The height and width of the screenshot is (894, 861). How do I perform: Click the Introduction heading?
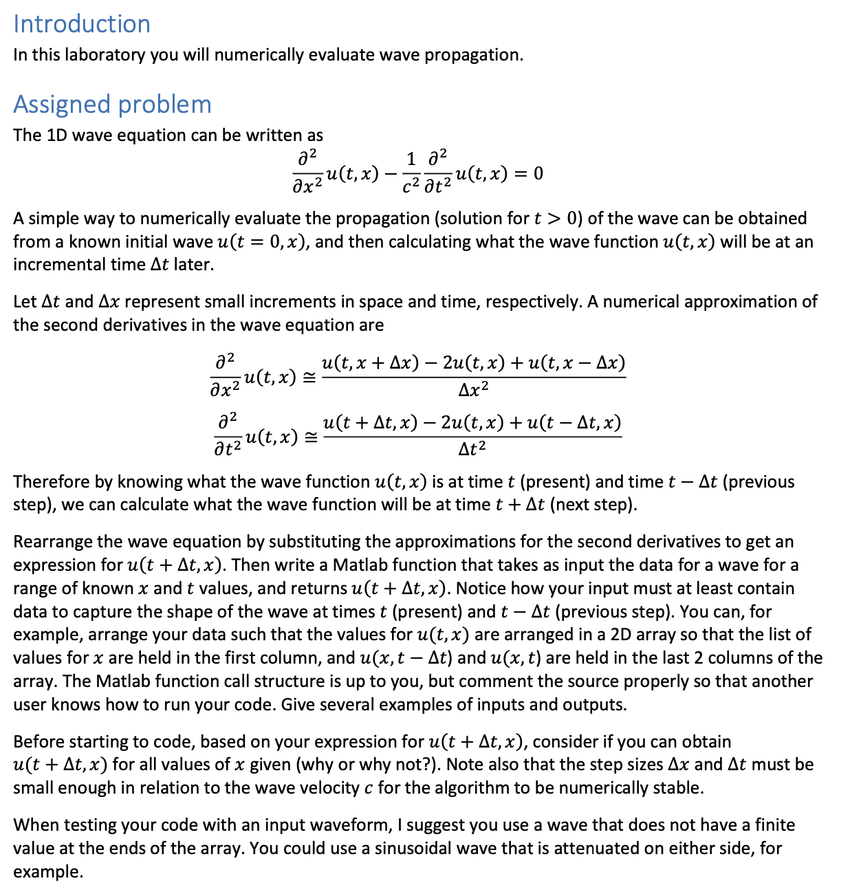tap(82, 24)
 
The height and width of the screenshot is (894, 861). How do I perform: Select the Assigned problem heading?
tap(112, 105)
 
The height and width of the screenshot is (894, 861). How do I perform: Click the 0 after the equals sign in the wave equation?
tap(538, 173)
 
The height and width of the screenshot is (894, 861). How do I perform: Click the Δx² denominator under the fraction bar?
tap(473, 390)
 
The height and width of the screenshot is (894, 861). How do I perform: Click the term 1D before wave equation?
tap(57, 135)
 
